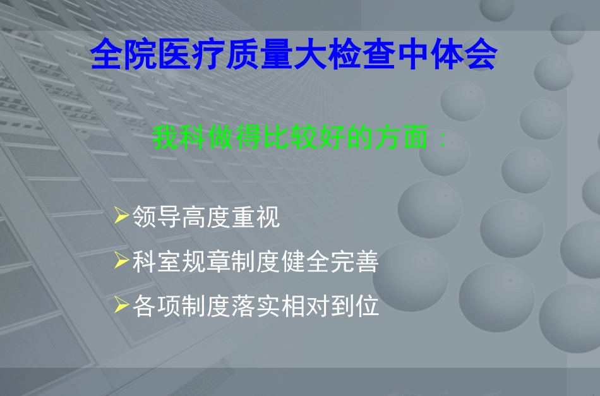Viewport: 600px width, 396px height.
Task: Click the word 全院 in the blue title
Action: tap(124, 56)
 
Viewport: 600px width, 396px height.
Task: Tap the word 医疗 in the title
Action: tap(192, 56)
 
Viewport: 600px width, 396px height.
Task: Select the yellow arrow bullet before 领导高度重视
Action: tap(123, 217)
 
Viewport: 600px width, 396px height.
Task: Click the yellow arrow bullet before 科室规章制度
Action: tap(123, 261)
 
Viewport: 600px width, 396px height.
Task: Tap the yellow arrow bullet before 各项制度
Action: tap(123, 305)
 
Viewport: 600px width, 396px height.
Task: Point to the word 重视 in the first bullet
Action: tap(256, 219)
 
